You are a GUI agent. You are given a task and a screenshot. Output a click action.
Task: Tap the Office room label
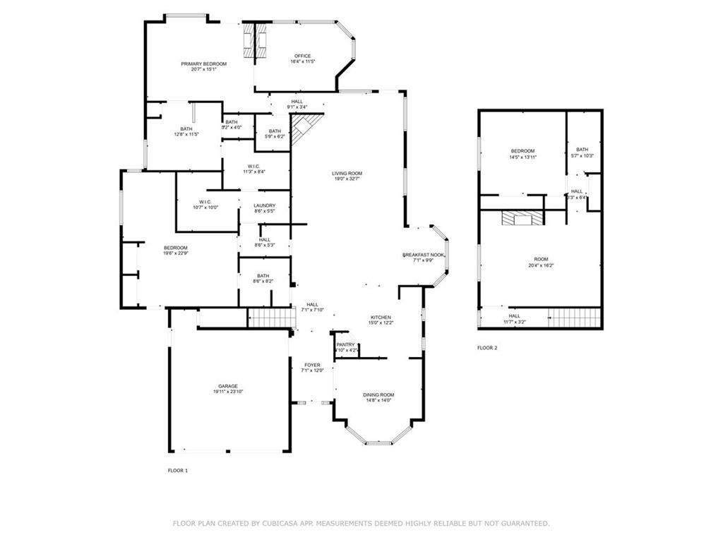tap(302, 56)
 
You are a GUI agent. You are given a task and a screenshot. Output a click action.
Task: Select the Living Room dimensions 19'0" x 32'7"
tap(347, 179)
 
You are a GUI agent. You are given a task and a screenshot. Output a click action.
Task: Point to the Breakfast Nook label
tap(423, 254)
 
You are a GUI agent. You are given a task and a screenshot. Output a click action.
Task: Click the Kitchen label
tap(381, 318)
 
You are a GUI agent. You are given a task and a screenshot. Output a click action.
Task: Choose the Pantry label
tap(345, 344)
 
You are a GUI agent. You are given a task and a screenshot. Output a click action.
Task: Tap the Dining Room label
tap(378, 395)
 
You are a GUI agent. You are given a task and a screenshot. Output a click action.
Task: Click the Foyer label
tap(311, 365)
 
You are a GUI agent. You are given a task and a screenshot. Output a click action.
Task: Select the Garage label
tap(227, 386)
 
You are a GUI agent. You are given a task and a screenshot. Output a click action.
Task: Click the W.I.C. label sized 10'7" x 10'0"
tap(205, 202)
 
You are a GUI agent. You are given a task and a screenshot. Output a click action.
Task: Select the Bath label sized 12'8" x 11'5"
tap(186, 128)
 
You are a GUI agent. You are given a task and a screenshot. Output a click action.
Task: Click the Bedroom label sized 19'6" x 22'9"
tap(175, 247)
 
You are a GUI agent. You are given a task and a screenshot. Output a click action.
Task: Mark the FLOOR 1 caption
tap(177, 470)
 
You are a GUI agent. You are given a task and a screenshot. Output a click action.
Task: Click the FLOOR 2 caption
tap(487, 348)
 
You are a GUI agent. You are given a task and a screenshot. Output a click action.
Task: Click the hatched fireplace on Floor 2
tap(522, 218)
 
